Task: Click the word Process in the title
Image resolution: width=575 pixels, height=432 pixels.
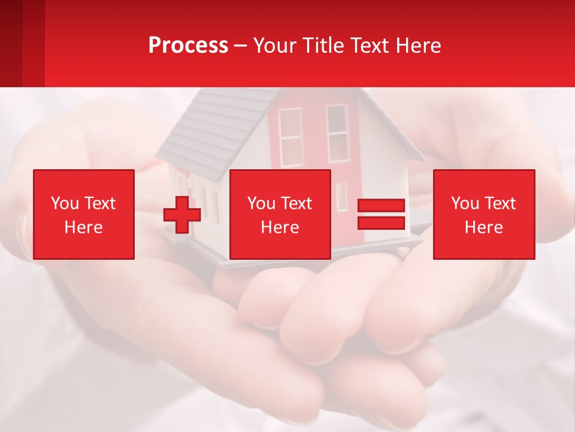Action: (188, 45)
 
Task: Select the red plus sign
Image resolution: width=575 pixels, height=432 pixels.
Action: (182, 215)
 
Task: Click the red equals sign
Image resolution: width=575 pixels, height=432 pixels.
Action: (381, 214)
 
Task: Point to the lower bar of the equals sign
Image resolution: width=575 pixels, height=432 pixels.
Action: (381, 223)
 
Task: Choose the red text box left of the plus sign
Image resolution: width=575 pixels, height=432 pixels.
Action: (84, 214)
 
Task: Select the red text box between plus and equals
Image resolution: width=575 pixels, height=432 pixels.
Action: (280, 214)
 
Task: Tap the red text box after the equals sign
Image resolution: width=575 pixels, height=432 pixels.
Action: (484, 214)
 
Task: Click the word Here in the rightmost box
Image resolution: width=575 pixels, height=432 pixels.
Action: (484, 227)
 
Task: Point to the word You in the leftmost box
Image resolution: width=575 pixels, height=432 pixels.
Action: (64, 203)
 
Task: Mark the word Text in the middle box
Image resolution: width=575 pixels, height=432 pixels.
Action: (296, 203)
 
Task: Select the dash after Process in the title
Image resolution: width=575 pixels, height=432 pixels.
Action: (240, 46)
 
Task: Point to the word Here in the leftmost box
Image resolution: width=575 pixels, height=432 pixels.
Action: (84, 227)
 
